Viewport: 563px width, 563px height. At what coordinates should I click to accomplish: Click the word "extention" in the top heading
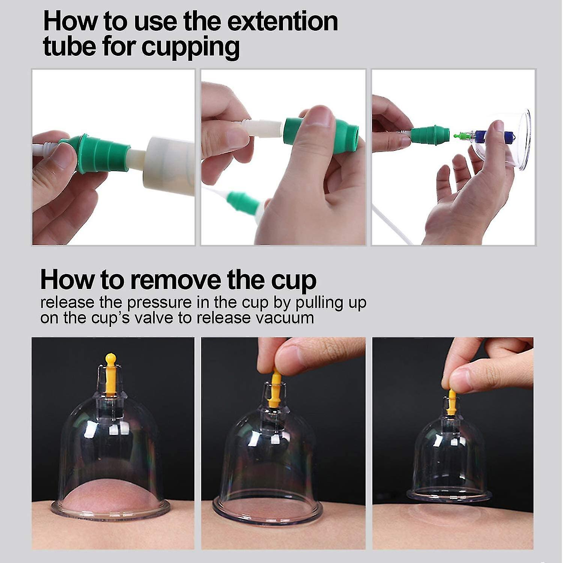tap(282, 21)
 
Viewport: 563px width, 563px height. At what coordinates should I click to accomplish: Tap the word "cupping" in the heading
tap(190, 47)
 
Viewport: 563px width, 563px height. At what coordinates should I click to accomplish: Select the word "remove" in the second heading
tap(176, 280)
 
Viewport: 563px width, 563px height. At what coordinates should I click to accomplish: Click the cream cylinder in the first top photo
tap(169, 161)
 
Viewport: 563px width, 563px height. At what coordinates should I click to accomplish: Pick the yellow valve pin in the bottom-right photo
tap(451, 401)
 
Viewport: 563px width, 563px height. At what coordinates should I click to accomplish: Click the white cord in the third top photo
tap(390, 225)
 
